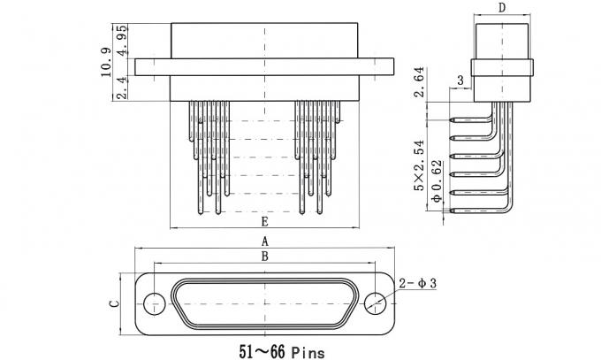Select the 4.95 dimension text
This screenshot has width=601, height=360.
pyautogui.click(x=122, y=39)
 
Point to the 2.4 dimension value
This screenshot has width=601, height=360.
pyautogui.click(x=122, y=88)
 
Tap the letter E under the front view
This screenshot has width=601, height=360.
pyautogui.click(x=264, y=221)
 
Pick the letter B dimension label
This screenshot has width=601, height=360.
pyautogui.click(x=264, y=257)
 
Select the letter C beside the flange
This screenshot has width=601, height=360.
pyautogui.click(x=113, y=303)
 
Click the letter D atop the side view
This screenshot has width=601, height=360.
pyautogui.click(x=501, y=9)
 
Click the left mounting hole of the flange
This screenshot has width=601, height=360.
pyautogui.click(x=154, y=303)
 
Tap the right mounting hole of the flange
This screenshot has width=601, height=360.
pyautogui.click(x=375, y=303)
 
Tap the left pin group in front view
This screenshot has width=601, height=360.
pyautogui.click(x=209, y=155)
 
